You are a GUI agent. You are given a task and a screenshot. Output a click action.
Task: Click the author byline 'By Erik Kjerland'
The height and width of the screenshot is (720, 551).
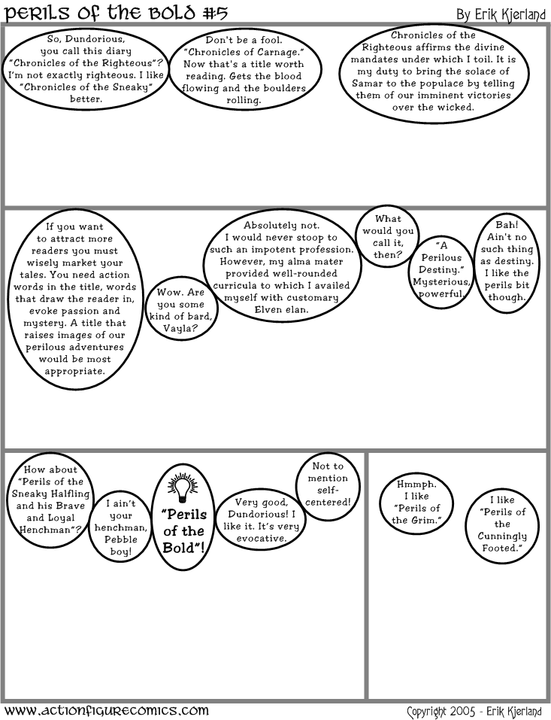coord(501,15)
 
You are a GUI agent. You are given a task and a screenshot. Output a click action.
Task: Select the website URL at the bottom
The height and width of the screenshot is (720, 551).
coord(106,709)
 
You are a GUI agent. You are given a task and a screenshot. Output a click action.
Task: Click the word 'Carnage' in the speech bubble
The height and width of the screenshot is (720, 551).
coord(280,52)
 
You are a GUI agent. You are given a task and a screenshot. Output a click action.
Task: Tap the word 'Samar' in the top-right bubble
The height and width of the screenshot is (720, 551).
coord(365,83)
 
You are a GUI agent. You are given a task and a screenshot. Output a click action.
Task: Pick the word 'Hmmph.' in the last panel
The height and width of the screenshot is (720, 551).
coord(416,484)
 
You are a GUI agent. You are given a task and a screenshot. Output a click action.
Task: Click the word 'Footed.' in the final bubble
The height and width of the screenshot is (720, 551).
coord(502,548)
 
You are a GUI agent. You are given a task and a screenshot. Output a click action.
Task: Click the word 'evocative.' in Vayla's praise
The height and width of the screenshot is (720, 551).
coord(261,539)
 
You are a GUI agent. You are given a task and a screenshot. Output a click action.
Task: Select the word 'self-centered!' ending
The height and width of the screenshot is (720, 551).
coord(328,496)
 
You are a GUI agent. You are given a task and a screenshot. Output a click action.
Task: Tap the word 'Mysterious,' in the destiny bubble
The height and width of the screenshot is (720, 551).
coord(441,281)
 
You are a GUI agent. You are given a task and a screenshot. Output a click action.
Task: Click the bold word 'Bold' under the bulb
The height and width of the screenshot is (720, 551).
coord(182,548)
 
